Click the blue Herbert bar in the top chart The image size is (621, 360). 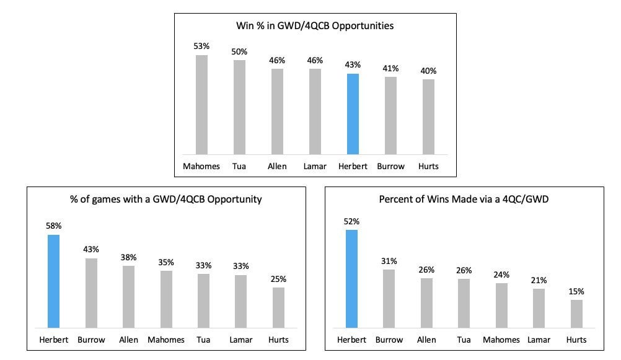(x=353, y=114)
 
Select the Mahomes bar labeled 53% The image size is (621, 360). (x=202, y=105)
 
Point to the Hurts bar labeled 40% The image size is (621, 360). (x=428, y=116)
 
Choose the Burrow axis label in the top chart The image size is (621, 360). (x=390, y=166)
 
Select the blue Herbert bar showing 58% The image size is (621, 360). (x=54, y=281)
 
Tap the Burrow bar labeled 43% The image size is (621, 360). (x=91, y=292)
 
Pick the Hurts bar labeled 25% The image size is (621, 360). (x=279, y=307)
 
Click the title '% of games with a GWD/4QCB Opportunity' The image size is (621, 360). (x=166, y=199)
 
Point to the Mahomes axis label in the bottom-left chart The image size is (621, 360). (x=166, y=340)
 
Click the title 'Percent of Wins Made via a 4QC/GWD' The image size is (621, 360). (x=464, y=199)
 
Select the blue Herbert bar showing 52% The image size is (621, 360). (x=351, y=279)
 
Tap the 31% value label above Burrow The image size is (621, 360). (x=389, y=260)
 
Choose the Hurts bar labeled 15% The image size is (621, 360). (x=576, y=314)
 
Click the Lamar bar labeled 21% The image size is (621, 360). (x=539, y=308)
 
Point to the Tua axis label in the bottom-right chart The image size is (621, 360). (x=464, y=340)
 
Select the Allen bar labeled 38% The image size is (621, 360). (x=129, y=296)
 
